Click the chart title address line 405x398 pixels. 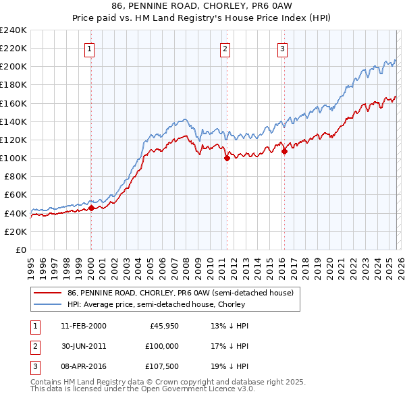click(x=202, y=5)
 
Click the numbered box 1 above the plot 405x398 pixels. click(x=90, y=48)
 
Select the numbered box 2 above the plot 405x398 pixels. click(x=225, y=48)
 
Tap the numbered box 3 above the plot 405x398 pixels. click(x=282, y=48)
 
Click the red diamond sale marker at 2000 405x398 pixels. click(x=91, y=208)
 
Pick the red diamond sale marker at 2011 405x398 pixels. click(x=227, y=159)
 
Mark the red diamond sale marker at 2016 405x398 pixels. click(x=284, y=152)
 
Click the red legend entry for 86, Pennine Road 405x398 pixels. click(x=180, y=293)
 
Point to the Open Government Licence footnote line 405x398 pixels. click(x=142, y=389)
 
